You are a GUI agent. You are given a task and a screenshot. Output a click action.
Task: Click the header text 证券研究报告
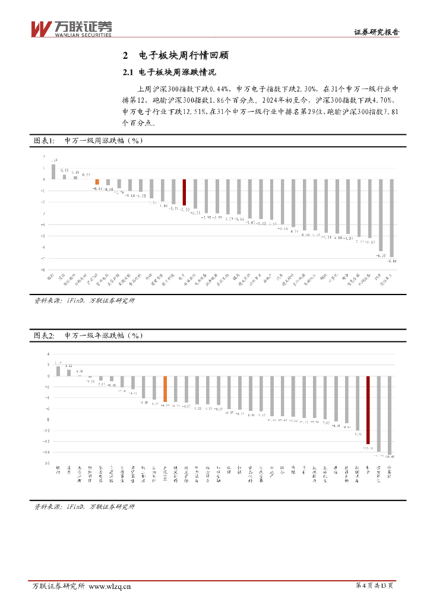click(x=377, y=33)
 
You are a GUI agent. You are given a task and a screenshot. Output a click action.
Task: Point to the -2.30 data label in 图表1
click(x=184, y=209)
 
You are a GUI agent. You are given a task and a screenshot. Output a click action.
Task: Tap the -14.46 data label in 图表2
click(x=390, y=457)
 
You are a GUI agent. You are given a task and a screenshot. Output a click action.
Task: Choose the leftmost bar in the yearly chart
click(x=58, y=371)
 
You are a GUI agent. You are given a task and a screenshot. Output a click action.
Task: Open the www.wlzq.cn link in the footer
click(x=110, y=587)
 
